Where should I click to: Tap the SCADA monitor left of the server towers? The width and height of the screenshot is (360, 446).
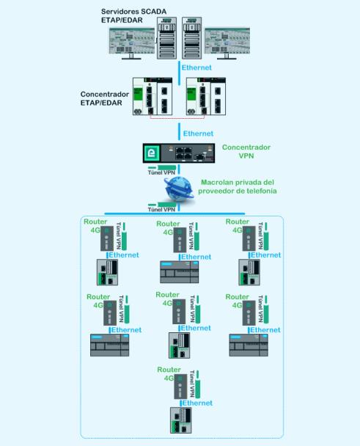click(132, 43)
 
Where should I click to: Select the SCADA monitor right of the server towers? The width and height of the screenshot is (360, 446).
click(227, 43)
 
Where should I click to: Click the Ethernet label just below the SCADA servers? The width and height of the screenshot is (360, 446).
click(196, 67)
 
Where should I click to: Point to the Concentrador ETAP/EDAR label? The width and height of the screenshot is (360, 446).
click(105, 98)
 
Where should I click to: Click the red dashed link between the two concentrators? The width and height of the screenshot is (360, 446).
click(177, 117)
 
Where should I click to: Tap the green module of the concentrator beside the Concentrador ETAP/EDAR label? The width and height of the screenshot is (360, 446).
click(138, 94)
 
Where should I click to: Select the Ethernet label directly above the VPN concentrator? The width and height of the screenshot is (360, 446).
click(198, 134)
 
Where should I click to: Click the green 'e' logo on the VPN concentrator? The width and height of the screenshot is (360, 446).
click(152, 153)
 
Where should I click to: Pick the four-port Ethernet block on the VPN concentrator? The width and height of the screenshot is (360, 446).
click(183, 153)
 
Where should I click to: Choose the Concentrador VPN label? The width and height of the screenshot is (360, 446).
click(246, 151)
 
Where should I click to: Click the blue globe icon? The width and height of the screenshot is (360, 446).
click(179, 189)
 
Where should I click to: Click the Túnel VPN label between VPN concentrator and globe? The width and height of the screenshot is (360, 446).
click(161, 172)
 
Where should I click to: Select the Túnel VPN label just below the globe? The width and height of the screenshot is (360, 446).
click(161, 210)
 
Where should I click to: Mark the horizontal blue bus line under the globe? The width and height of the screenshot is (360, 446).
click(175, 213)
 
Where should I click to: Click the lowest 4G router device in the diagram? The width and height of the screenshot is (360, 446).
click(180, 387)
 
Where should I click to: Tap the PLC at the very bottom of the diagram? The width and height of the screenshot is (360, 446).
click(181, 420)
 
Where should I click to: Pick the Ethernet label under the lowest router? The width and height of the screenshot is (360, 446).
click(197, 403)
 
